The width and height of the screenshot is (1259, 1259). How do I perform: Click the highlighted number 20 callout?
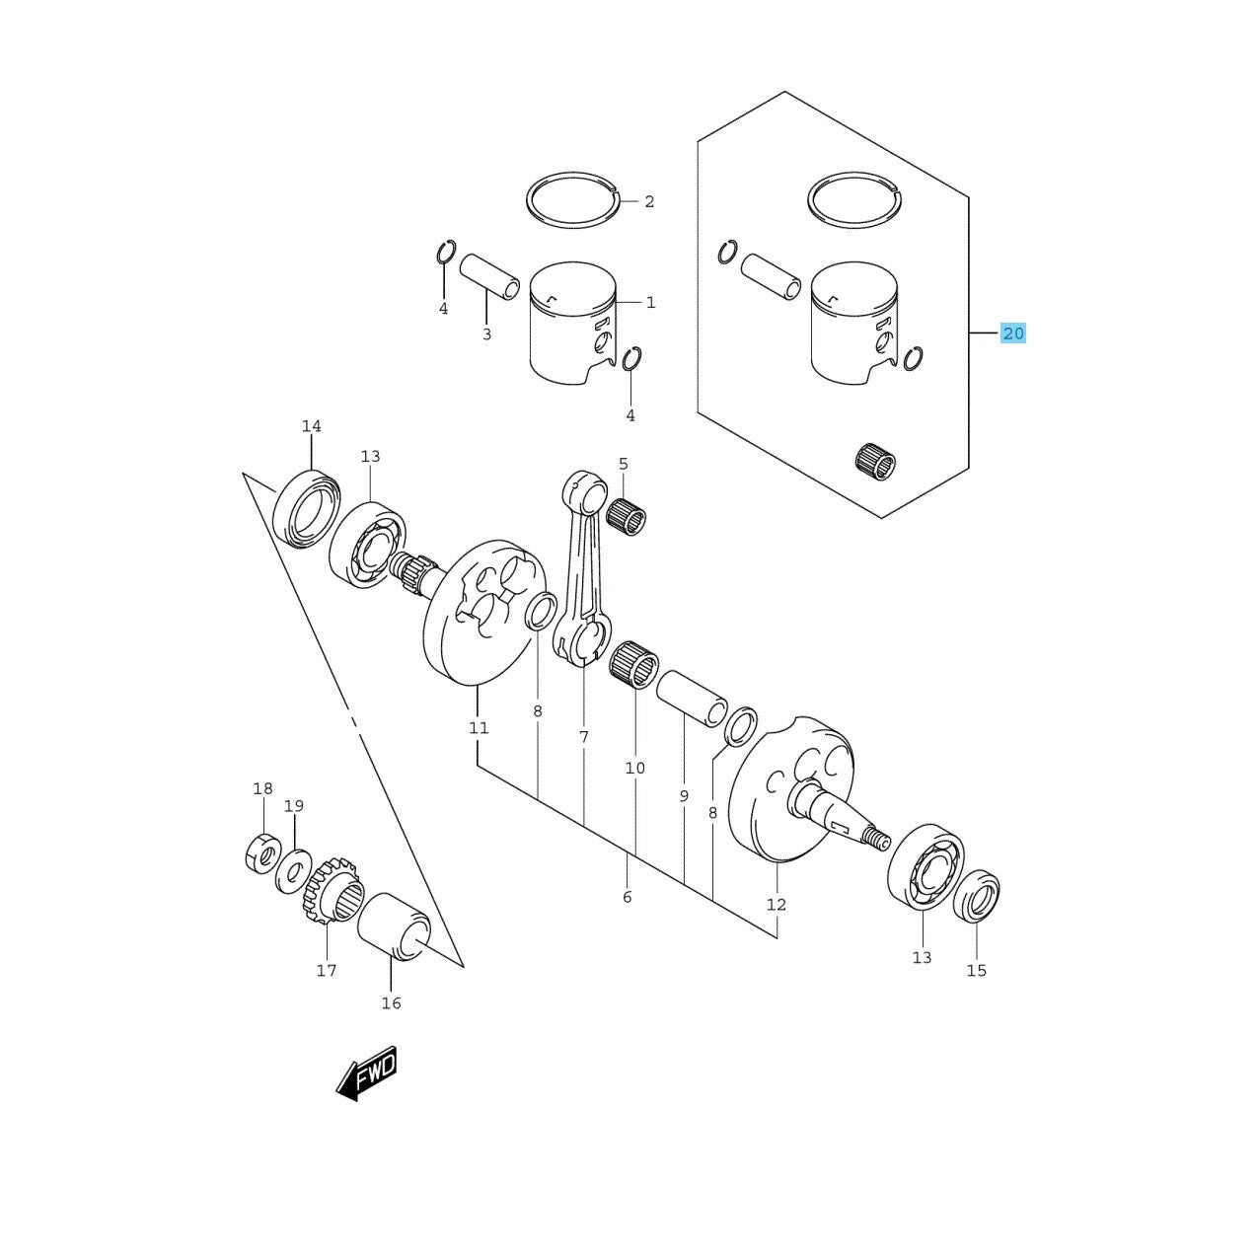[1013, 333]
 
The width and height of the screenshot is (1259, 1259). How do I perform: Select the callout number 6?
[628, 897]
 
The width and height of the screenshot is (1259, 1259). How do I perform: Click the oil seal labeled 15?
[977, 896]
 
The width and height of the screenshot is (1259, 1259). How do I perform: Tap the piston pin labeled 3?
[489, 276]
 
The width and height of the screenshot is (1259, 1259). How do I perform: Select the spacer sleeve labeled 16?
[395, 926]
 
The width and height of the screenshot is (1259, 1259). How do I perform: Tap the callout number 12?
[777, 904]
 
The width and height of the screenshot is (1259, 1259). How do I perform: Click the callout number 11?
[479, 728]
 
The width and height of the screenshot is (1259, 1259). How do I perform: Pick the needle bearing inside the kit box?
[875, 461]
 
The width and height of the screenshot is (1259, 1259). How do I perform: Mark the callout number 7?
[584, 736]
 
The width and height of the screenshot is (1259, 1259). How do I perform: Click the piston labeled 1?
[573, 326]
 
